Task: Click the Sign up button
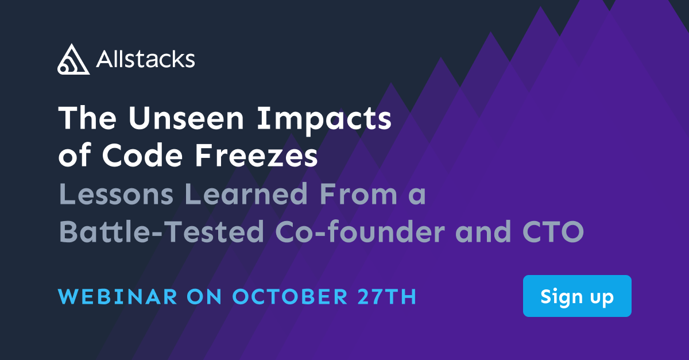click(576, 296)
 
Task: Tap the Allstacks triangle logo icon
click(73, 59)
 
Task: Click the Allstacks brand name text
click(146, 59)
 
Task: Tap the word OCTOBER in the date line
click(289, 297)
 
